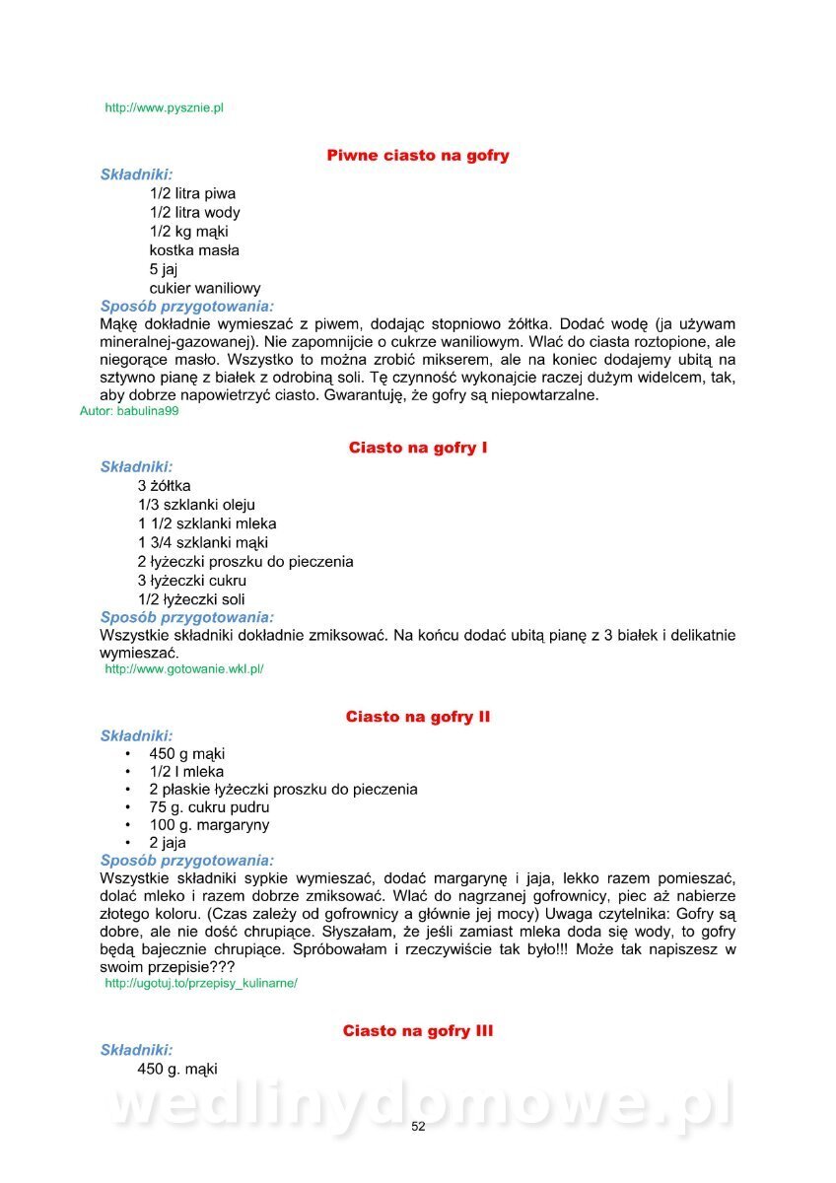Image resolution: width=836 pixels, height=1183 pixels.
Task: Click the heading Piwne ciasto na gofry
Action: pos(418,156)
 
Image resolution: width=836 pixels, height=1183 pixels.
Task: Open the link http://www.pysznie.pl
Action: pos(164,107)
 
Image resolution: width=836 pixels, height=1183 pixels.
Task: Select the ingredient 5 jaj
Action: pos(164,269)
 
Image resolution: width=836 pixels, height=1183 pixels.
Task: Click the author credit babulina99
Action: pos(129,412)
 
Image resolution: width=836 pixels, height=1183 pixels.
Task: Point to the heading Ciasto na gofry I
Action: pos(418,448)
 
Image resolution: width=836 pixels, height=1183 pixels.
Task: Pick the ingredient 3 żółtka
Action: pos(165,486)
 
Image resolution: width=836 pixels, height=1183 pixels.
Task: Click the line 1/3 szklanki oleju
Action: pos(196,505)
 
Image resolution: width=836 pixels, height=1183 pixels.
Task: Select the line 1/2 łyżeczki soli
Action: pos(191,599)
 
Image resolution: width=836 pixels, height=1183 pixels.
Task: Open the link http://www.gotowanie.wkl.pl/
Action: pos(184,669)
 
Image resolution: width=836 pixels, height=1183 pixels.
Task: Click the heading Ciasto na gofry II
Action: pos(418,717)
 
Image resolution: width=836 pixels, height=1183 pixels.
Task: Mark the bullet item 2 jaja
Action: pos(168,843)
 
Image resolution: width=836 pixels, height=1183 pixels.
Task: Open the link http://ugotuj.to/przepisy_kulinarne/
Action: pos(201,984)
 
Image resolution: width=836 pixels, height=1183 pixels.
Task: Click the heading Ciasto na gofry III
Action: pos(418,1031)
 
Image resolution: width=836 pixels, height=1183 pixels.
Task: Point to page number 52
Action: pos(418,1127)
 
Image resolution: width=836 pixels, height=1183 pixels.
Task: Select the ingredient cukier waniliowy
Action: pos(205,288)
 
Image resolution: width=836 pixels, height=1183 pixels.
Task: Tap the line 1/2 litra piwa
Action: pos(192,194)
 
